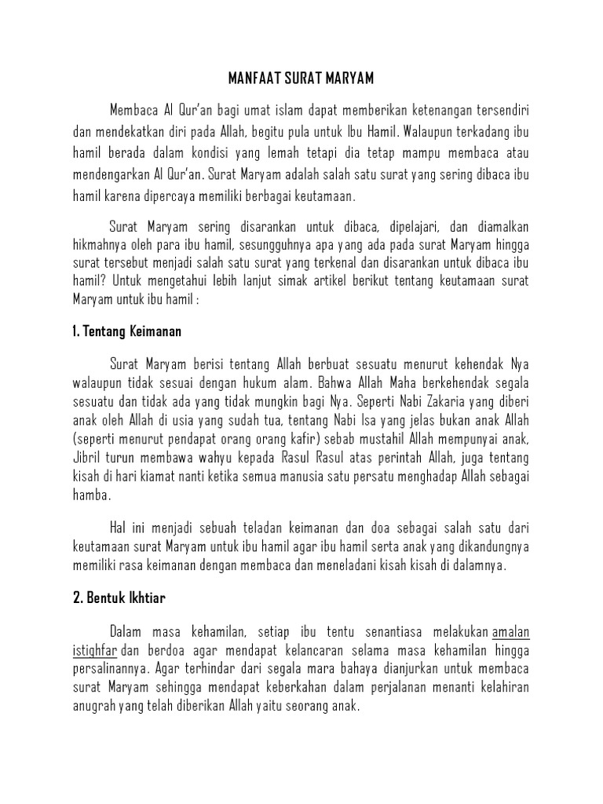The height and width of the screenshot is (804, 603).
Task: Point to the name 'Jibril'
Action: [x=86, y=458]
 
